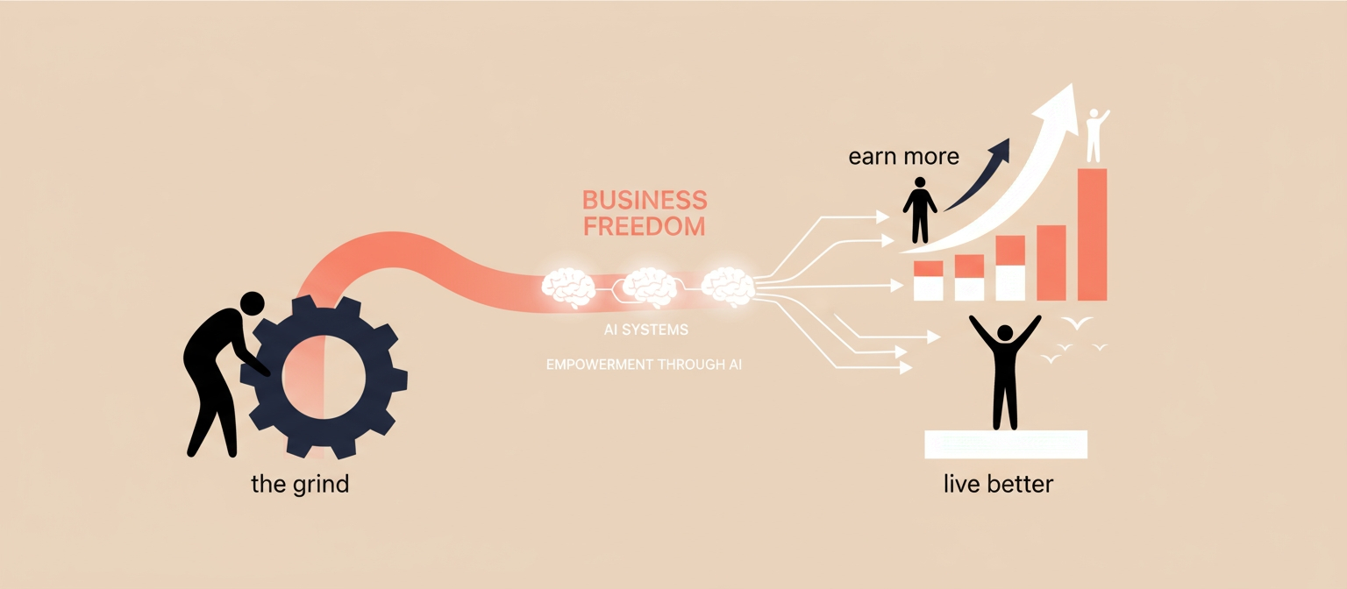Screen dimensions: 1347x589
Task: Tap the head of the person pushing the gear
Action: coord(252,303)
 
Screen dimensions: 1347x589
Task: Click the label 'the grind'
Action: coord(300,484)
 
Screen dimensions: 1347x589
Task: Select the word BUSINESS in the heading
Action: coord(645,199)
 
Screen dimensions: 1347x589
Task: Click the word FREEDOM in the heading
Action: coord(645,226)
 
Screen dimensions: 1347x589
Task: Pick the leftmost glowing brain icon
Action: coord(568,287)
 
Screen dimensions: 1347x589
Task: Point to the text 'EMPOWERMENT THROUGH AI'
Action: coord(644,365)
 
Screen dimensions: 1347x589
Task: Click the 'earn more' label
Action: coord(903,158)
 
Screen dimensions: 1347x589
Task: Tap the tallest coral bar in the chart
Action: coord(1091,234)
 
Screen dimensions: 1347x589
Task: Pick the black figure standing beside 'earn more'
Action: coord(920,210)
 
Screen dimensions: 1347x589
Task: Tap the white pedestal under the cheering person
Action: coord(1006,444)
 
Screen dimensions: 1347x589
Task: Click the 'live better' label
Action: coord(998,484)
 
